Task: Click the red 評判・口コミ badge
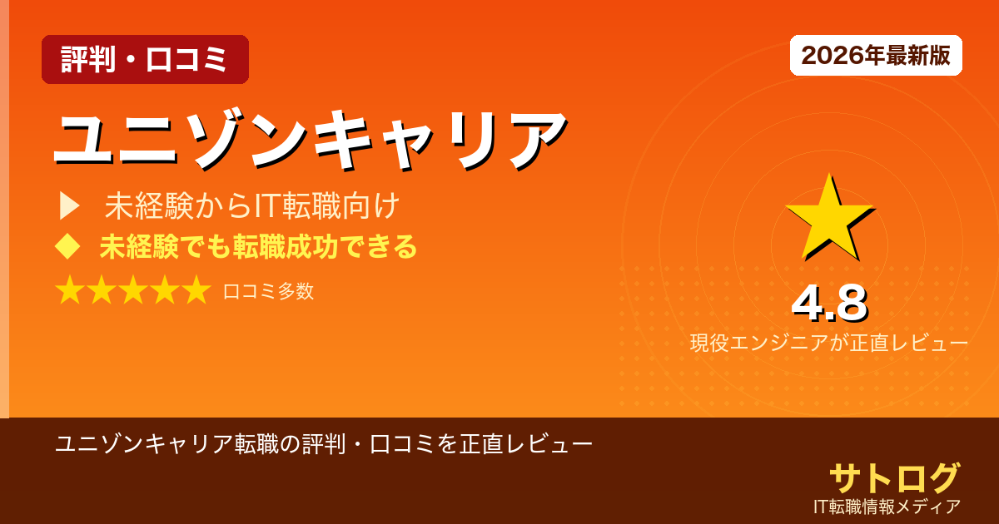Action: pyautogui.click(x=145, y=60)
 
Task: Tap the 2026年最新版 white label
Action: pyautogui.click(x=876, y=56)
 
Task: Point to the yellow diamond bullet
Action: pyautogui.click(x=67, y=246)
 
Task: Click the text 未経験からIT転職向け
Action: pyautogui.click(x=252, y=205)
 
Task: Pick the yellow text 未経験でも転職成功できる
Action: pyautogui.click(x=258, y=247)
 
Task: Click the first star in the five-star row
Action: pyautogui.click(x=70, y=291)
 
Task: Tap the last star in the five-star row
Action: pyautogui.click(x=196, y=291)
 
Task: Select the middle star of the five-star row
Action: pyautogui.click(x=133, y=291)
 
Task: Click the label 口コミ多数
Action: pyautogui.click(x=268, y=291)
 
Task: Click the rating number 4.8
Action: pyautogui.click(x=829, y=304)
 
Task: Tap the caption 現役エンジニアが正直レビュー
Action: pyautogui.click(x=829, y=343)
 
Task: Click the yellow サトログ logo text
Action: pyautogui.click(x=894, y=477)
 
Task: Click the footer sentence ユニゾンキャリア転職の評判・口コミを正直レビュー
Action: pyautogui.click(x=324, y=443)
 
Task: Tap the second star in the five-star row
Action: pyautogui.click(x=102, y=291)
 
